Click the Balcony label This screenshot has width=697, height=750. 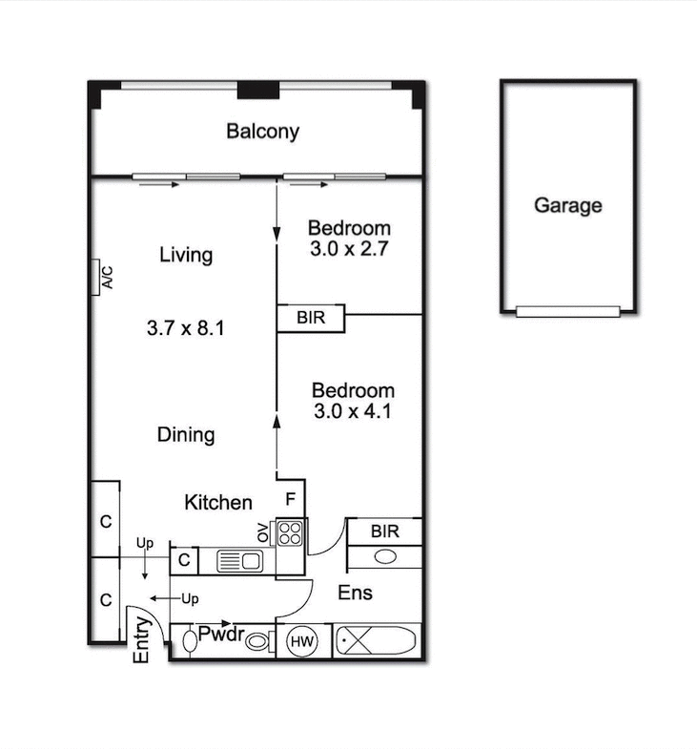pos(262,132)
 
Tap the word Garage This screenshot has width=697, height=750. pos(567,205)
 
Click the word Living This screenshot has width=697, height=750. pos(186,255)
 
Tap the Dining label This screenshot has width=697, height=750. pos(186,435)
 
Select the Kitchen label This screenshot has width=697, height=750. pos(218,503)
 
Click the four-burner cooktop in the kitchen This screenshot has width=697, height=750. pos(291,532)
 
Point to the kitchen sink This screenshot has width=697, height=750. pos(238,561)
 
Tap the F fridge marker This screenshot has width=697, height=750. pos(291,498)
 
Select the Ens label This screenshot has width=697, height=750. pos(355,593)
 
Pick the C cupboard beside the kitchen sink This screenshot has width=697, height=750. pos(184,561)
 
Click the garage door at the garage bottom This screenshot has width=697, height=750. pos(567,311)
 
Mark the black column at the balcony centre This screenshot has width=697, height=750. pos(257,90)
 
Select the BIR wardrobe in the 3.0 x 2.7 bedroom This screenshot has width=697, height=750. pos(312,318)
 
